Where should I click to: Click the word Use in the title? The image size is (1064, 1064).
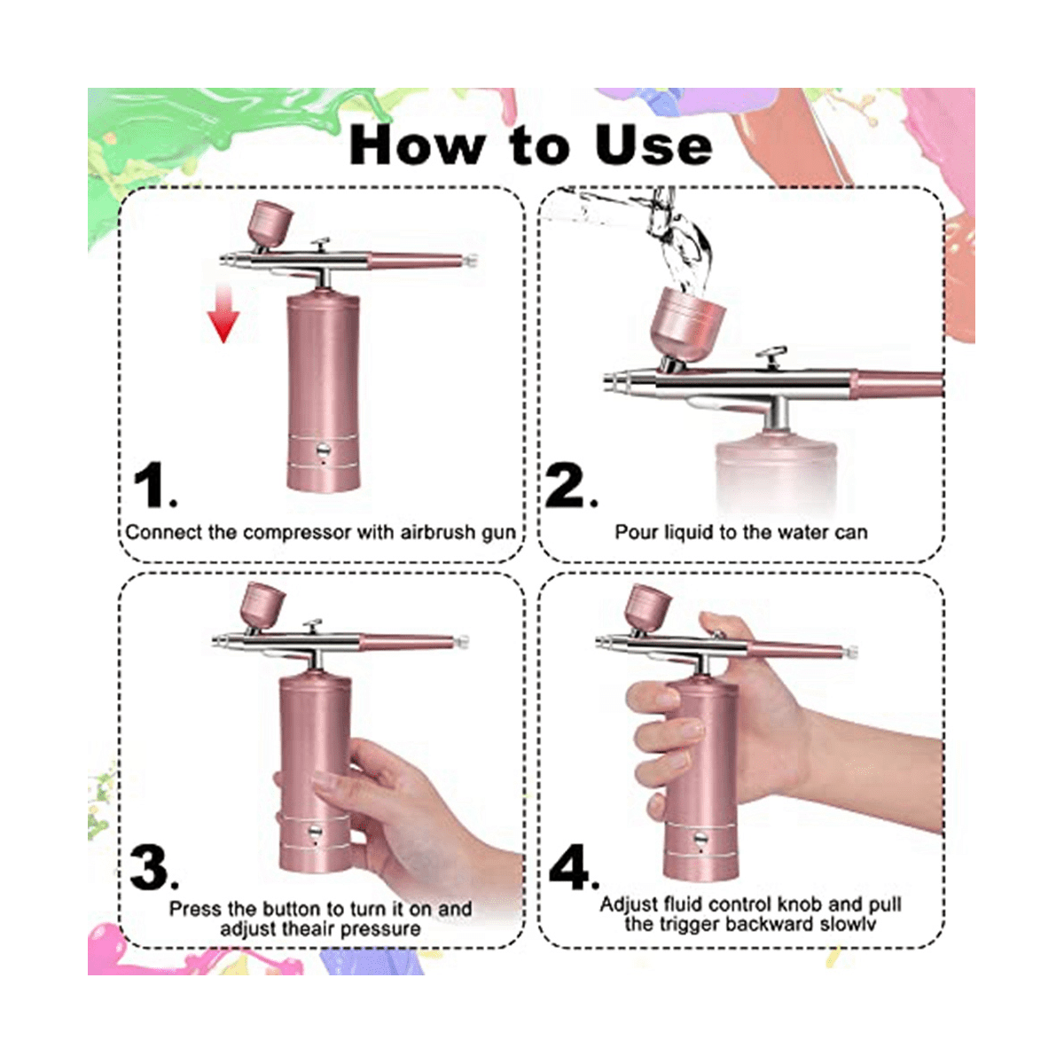click(x=653, y=145)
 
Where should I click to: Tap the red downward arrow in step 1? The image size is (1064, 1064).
click(x=223, y=312)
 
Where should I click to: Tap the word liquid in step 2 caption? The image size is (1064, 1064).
click(x=689, y=532)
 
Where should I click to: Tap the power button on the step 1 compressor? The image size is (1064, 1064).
click(x=323, y=449)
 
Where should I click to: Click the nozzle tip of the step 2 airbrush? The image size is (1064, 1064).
click(x=610, y=383)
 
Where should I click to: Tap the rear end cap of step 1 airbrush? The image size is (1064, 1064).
click(x=471, y=260)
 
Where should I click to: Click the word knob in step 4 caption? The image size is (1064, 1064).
click(x=799, y=904)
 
